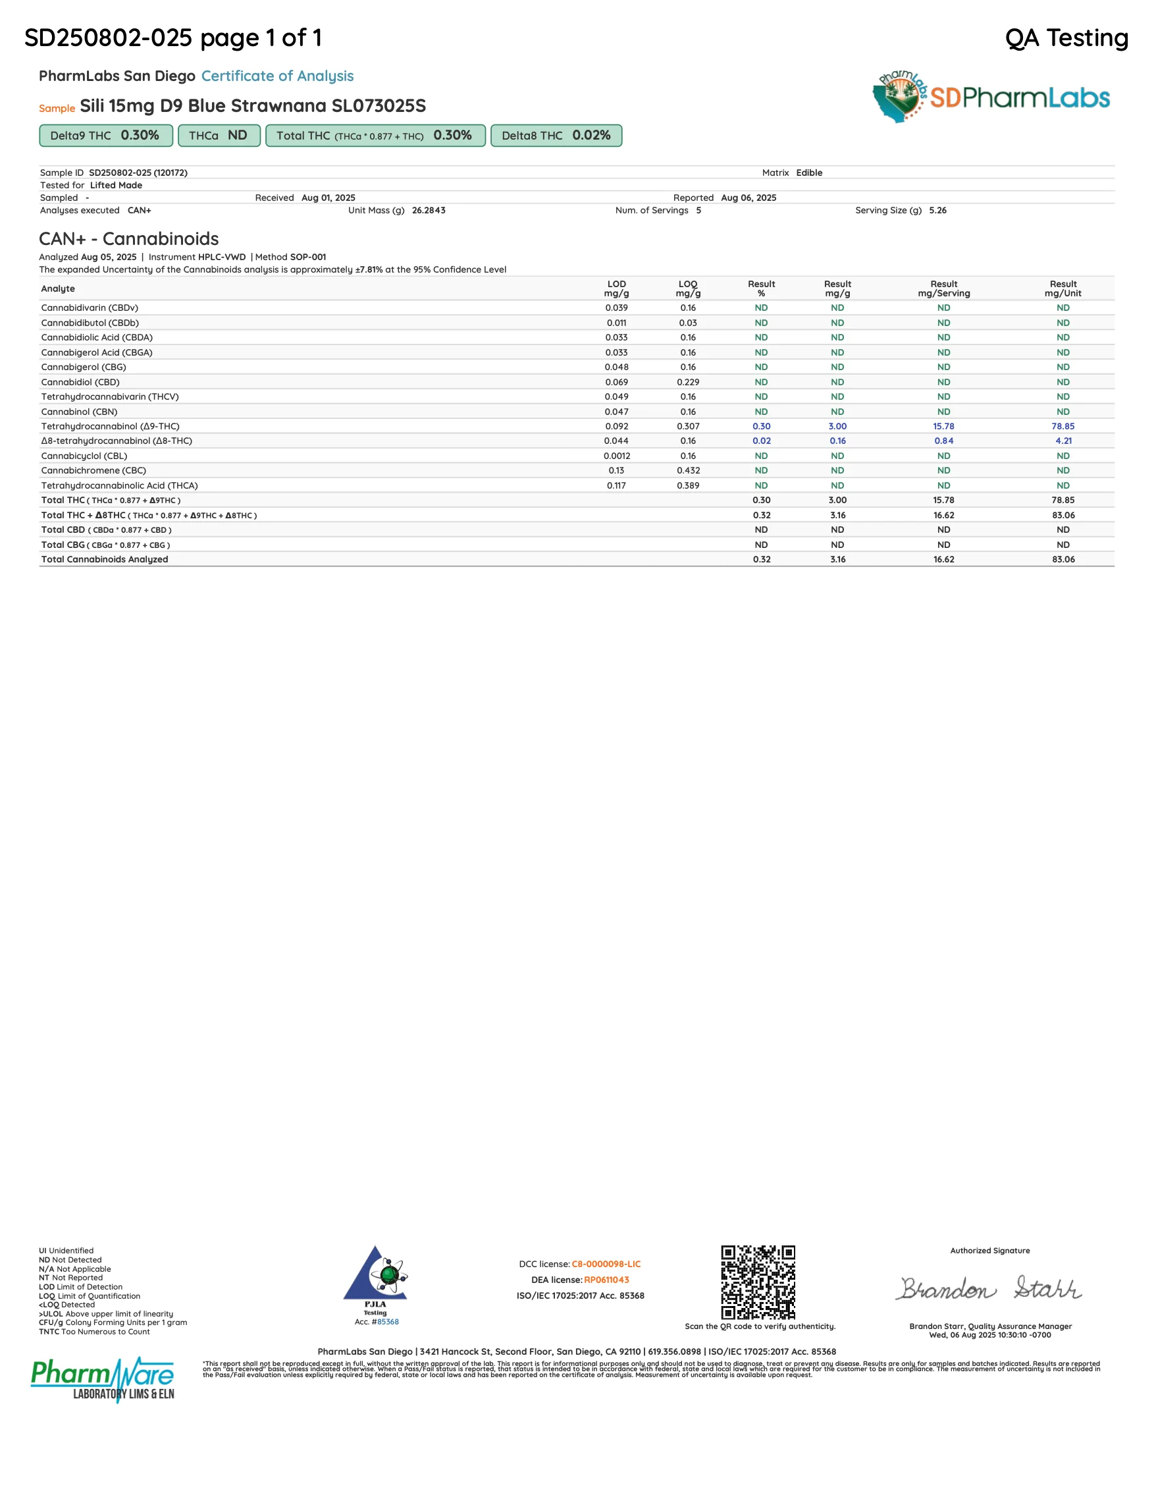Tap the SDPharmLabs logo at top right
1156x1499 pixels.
pos(991,97)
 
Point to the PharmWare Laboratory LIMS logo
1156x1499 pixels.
pos(103,1380)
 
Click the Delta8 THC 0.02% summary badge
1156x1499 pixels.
pos(556,135)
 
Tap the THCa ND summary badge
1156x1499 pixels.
pos(218,135)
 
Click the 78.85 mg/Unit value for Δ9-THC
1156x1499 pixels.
pos(1063,426)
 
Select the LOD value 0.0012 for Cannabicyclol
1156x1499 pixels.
pos(617,456)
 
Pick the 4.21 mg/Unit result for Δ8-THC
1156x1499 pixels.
pos(1063,441)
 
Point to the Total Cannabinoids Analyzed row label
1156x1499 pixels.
pos(104,559)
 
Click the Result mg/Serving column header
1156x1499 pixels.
pos(943,288)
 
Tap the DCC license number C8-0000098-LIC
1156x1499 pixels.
pos(606,1264)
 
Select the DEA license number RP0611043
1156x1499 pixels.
pos(606,1280)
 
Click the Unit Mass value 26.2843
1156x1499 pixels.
pos(428,210)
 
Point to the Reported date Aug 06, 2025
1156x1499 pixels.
pos(749,198)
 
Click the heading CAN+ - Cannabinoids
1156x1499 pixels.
pos(129,239)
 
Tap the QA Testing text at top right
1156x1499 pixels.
pos(1066,38)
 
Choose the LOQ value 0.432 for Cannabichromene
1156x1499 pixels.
pos(688,470)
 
